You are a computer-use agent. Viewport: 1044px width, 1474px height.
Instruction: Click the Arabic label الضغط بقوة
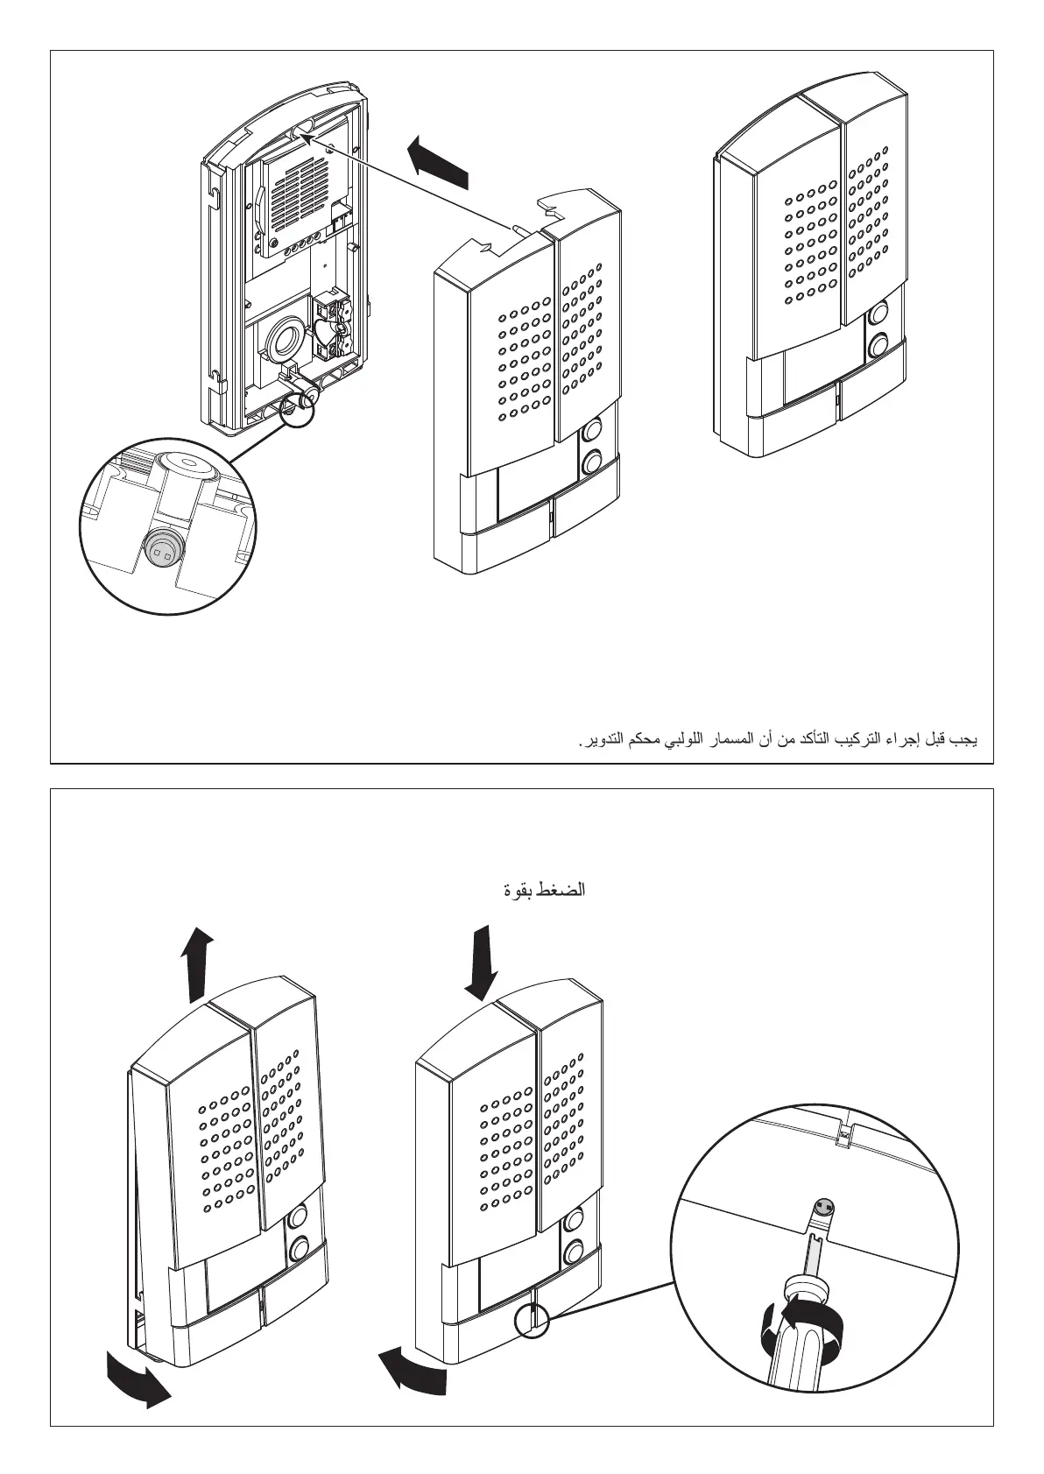pyautogui.click(x=543, y=891)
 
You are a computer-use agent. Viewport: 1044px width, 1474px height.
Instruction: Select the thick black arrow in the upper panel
pyautogui.click(x=441, y=161)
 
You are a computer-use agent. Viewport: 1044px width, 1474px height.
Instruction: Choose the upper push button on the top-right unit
pyautogui.click(x=878, y=314)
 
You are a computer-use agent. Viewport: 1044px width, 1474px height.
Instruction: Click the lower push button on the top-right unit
pyautogui.click(x=878, y=347)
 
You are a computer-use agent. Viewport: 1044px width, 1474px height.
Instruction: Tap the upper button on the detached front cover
pyautogui.click(x=593, y=430)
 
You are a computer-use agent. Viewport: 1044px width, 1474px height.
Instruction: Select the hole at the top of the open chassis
pyautogui.click(x=303, y=130)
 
